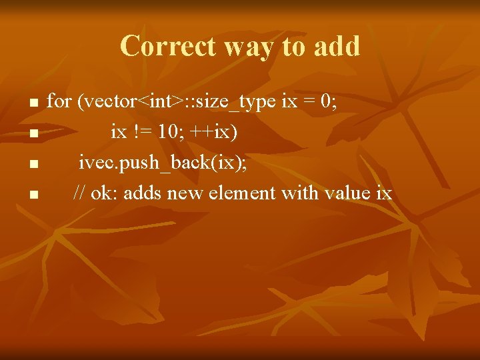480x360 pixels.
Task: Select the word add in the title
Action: point(336,47)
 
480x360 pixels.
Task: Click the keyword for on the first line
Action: point(59,101)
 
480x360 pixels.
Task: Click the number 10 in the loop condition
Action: point(169,132)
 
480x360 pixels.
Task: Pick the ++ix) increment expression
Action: point(213,132)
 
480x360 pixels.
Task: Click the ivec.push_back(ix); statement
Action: point(163,163)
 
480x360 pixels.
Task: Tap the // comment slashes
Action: point(79,193)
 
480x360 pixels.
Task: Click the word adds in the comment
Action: point(143,193)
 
